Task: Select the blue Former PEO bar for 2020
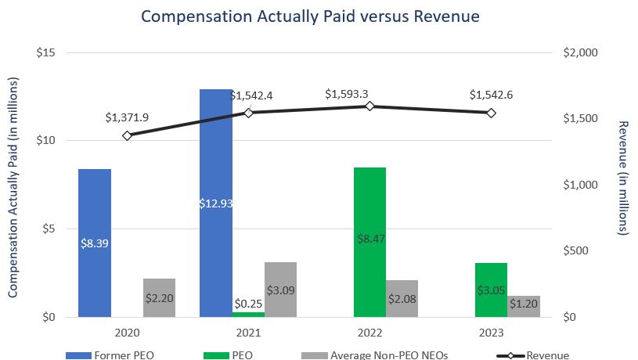click(x=95, y=243)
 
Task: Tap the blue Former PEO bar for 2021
click(x=216, y=203)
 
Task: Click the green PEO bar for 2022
click(x=369, y=242)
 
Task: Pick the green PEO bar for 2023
click(x=491, y=290)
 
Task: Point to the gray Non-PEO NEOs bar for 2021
click(x=280, y=290)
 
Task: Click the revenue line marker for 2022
click(x=369, y=106)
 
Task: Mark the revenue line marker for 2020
click(x=127, y=135)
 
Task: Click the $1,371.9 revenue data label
click(x=127, y=117)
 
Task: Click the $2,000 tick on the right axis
click(x=581, y=52)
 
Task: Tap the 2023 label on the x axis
click(x=491, y=332)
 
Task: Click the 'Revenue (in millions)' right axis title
click(x=624, y=178)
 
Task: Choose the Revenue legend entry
click(x=532, y=355)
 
